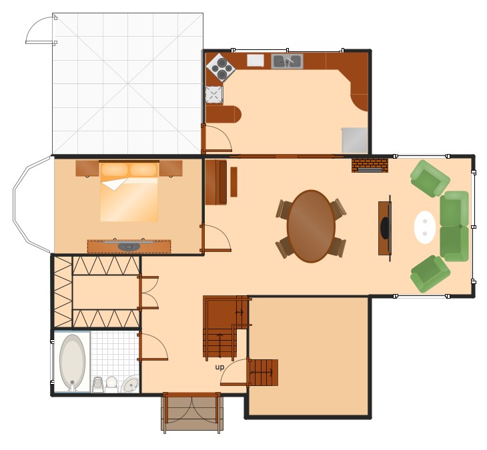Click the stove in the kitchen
pyautogui.click(x=219, y=67)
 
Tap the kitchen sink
pyautogui.click(x=287, y=61)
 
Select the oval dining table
pyautogui.click(x=311, y=226)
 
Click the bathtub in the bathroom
pyautogui.click(x=72, y=362)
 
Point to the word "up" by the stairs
pyautogui.click(x=219, y=367)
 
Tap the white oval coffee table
pyautogui.click(x=425, y=227)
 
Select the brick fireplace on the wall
pyautogui.click(x=370, y=165)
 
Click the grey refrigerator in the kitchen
pyautogui.click(x=354, y=140)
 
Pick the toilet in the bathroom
pyautogui.click(x=111, y=384)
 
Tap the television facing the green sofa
pyautogui.click(x=385, y=227)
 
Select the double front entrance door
pyautogui.click(x=191, y=411)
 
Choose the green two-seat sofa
pyautogui.click(x=454, y=226)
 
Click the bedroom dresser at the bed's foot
pyautogui.click(x=129, y=246)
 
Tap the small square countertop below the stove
pyautogui.click(x=213, y=95)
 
